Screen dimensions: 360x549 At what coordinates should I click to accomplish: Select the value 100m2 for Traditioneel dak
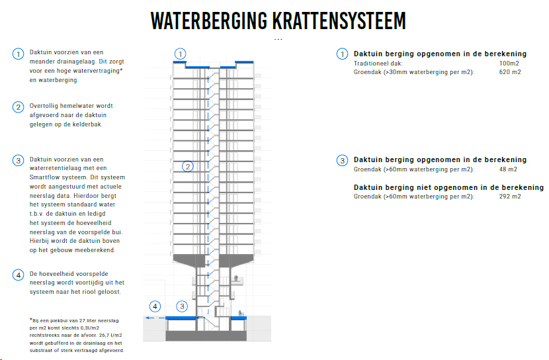click(509, 63)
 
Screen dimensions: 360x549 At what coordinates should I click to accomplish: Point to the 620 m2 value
click(510, 71)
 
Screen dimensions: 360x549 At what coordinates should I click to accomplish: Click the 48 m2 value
click(508, 169)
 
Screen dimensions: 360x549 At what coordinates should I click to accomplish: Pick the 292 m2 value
click(510, 197)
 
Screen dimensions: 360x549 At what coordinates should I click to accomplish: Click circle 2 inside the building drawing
click(187, 167)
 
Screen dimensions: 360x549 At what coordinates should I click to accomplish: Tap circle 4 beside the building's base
click(155, 306)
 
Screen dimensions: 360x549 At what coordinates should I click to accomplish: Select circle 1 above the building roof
click(180, 54)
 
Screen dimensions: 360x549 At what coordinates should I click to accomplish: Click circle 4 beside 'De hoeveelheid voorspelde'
click(18, 275)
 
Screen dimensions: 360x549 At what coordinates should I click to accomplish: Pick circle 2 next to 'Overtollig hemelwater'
click(18, 107)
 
